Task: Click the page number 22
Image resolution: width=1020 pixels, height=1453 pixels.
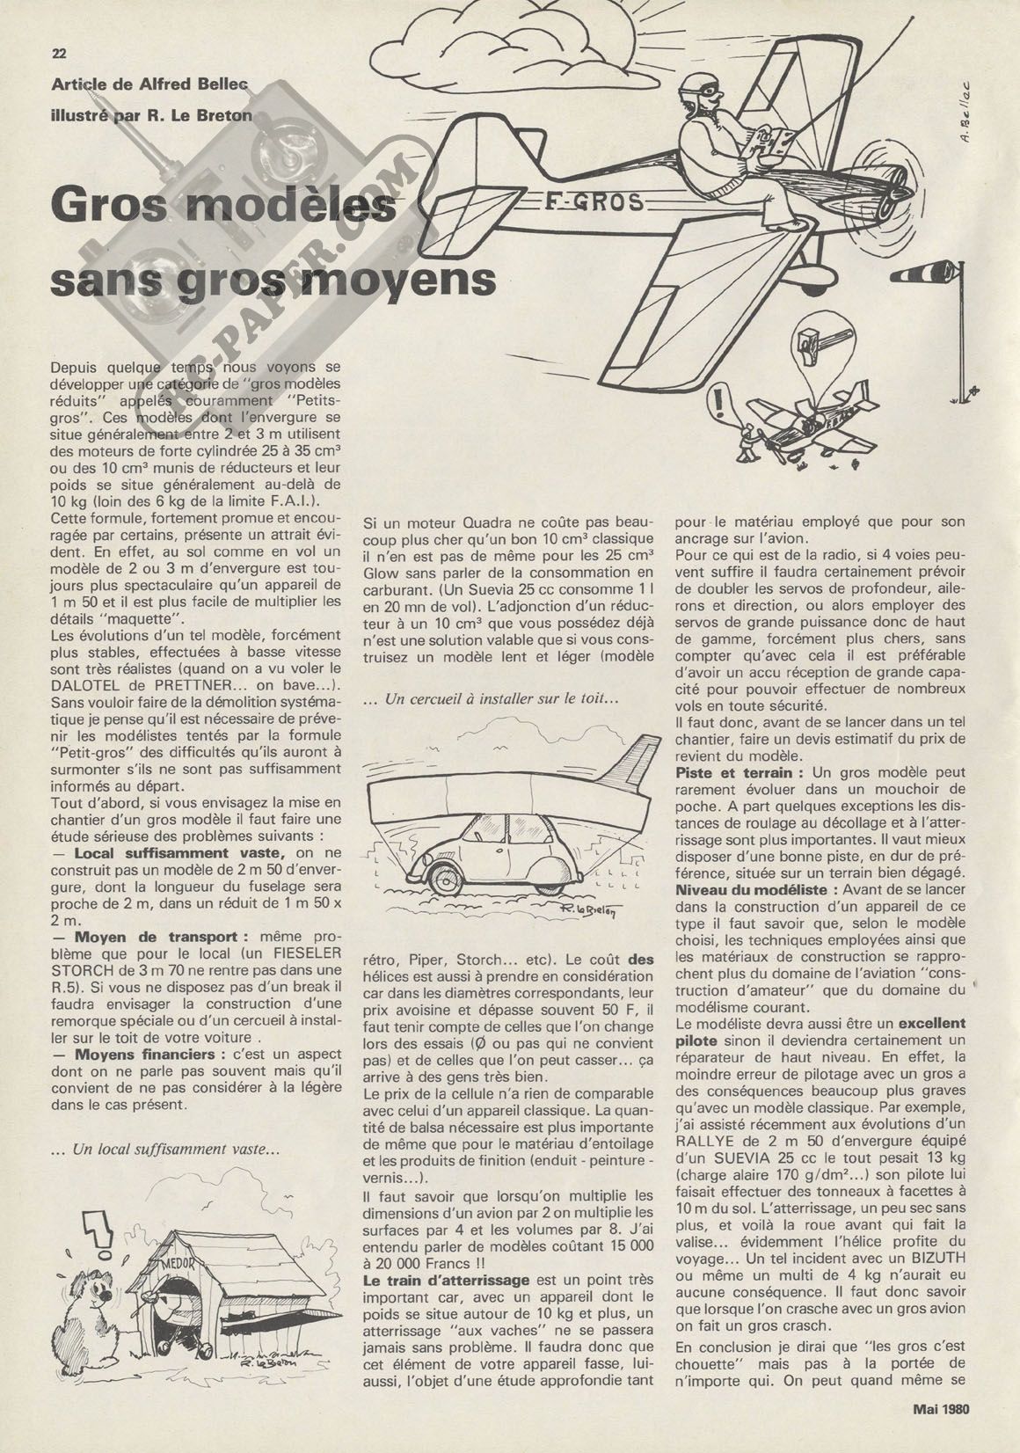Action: [x=60, y=53]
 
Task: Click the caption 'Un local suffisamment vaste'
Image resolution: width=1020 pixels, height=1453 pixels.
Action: [x=177, y=1172]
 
